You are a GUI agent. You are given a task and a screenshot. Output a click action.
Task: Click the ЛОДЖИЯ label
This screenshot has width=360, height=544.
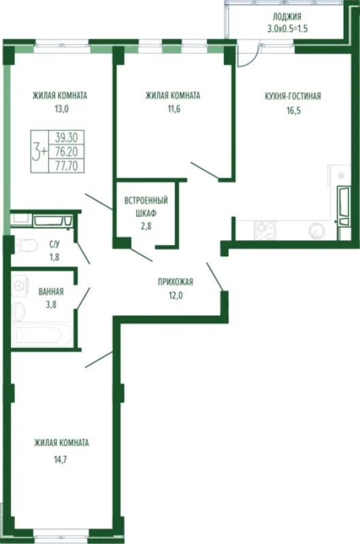[287, 16]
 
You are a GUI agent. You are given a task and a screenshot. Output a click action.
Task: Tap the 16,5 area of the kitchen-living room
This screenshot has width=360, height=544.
[293, 111]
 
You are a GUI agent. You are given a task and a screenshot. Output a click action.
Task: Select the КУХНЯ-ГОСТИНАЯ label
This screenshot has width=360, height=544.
[293, 96]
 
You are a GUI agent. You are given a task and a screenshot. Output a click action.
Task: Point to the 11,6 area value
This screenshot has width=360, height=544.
[174, 109]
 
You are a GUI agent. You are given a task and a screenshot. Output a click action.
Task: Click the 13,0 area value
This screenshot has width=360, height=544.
[61, 109]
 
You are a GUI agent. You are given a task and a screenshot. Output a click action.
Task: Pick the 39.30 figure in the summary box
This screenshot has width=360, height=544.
[66, 138]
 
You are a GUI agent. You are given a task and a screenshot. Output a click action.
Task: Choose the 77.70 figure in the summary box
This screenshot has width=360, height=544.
[66, 166]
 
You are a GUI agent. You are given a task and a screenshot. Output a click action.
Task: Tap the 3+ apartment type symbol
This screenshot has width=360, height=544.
[39, 152]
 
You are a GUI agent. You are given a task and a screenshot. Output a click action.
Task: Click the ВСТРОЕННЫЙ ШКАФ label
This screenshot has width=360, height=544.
[146, 207]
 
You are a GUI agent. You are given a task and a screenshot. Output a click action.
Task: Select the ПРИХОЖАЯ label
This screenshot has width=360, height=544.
[176, 282]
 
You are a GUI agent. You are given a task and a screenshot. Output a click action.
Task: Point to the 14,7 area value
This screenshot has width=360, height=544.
[60, 460]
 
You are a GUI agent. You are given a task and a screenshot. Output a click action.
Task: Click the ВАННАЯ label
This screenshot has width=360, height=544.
[51, 292]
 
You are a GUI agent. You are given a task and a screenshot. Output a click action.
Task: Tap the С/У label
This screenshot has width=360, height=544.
[54, 245]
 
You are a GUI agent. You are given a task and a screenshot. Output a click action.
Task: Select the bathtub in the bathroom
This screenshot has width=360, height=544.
[42, 335]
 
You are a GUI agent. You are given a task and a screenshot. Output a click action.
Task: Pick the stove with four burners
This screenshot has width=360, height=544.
[265, 231]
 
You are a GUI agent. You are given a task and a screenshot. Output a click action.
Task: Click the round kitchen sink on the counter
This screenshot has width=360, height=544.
[316, 231]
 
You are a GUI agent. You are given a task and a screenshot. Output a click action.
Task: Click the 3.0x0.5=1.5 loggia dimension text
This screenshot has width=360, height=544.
[287, 29]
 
